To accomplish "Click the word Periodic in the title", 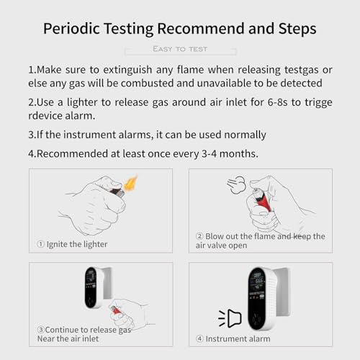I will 74,28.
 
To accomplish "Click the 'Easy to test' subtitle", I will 180,49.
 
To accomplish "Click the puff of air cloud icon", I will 236,185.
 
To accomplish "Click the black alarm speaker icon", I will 229,317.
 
